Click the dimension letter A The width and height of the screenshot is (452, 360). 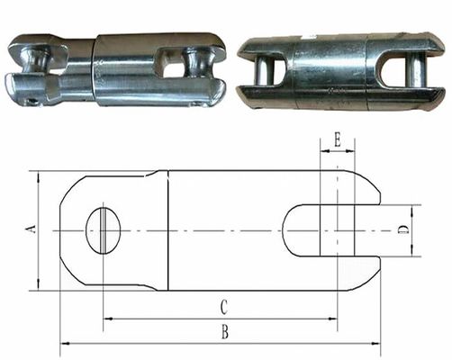point(31,231)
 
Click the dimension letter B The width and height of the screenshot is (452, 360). point(224,332)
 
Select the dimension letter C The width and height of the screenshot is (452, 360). point(223,307)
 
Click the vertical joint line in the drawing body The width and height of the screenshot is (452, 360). point(168,230)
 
